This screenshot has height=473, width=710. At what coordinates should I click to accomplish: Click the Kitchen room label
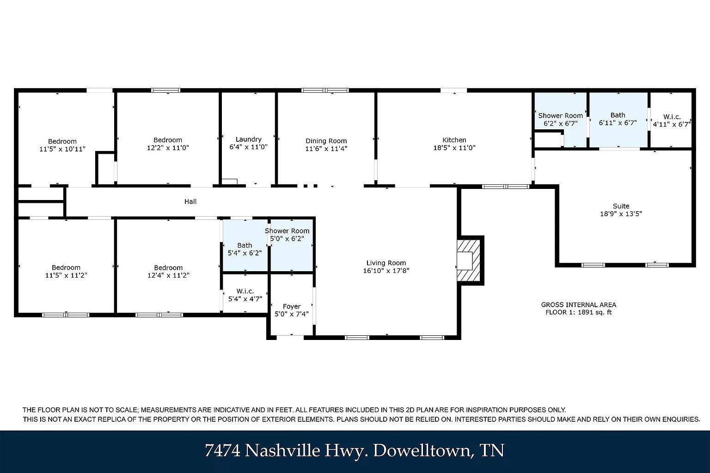(454, 140)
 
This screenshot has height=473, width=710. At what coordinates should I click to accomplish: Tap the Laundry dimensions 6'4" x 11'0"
(249, 147)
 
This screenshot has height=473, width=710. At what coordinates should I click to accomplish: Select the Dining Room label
(326, 141)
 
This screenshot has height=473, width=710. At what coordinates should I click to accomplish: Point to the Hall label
(190, 201)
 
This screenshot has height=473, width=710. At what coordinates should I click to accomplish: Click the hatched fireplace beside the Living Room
(468, 261)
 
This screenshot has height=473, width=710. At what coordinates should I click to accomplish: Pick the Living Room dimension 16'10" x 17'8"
(386, 271)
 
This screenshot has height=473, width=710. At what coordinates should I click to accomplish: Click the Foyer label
(292, 307)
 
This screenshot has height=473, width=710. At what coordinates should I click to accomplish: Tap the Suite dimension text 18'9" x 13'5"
(621, 214)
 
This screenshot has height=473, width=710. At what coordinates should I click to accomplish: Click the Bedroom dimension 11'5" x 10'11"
(62, 149)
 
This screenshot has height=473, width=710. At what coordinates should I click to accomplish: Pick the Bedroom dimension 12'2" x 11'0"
(168, 148)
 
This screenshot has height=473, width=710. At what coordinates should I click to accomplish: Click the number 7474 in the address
(222, 450)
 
